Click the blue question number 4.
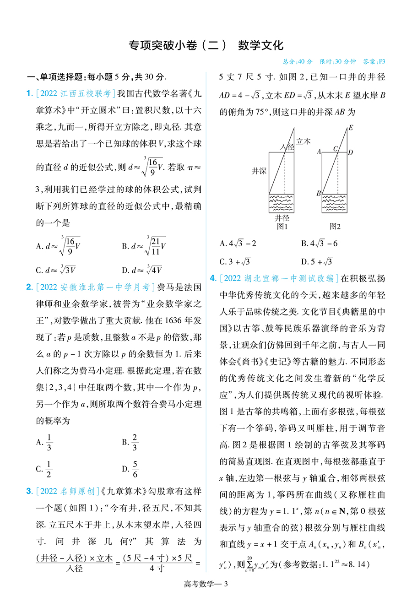click(x=213, y=278)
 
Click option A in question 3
click(x=238, y=244)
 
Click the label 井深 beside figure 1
click(x=259, y=171)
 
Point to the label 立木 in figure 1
click(x=304, y=141)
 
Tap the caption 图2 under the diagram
click(x=335, y=226)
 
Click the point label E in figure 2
click(x=351, y=128)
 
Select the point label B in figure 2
click(x=319, y=193)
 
